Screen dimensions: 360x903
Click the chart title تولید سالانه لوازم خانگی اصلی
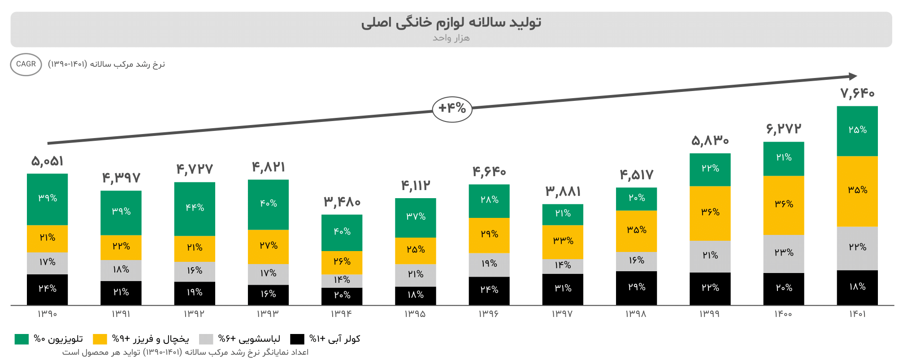pos(451,22)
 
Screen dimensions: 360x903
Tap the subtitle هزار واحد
pos(451,38)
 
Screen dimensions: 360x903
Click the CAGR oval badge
pos(26,65)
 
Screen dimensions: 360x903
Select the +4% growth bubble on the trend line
pos(452,109)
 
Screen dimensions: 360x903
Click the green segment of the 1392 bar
pos(195,208)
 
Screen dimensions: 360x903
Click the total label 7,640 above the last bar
pos(857,93)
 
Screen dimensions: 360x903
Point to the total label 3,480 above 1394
pos(342,202)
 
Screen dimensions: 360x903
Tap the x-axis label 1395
pos(415,314)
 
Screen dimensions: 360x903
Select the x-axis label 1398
pos(636,314)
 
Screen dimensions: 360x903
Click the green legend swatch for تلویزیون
pos(22,339)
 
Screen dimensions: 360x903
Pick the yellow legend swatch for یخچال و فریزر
pos(100,339)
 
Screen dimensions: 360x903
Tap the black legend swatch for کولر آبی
pos(297,339)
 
